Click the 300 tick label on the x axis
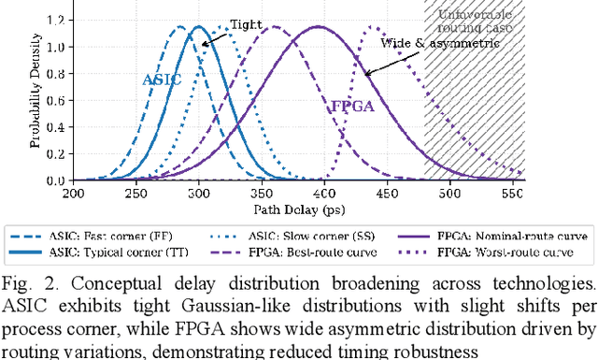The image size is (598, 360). click(x=198, y=193)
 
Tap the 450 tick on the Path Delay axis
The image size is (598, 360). click(x=387, y=193)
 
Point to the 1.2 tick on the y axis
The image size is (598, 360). click(x=58, y=19)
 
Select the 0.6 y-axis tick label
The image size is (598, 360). click(x=58, y=100)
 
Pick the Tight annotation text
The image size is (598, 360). click(x=246, y=25)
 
